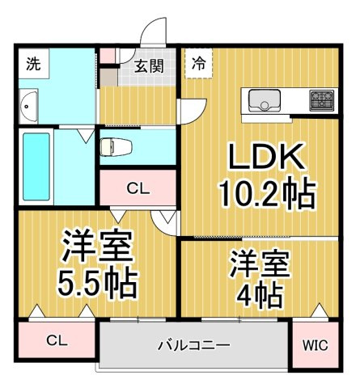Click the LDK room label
pos(267,157)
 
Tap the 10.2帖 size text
pos(267,192)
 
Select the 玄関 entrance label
pos(149,65)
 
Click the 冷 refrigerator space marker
pos(199,64)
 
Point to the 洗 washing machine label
pos(33,64)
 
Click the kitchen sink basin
pos(265,100)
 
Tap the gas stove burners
pos(322,100)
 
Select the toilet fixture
pos(116,147)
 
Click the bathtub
pos(36,167)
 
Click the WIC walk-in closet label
pos(316,345)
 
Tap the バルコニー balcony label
pos(193,344)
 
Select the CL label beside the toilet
pos(138,189)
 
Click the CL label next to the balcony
pos(57,340)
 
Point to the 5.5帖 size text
pos(98,283)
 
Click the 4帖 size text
pos(260,296)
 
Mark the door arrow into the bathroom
pos(87,136)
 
